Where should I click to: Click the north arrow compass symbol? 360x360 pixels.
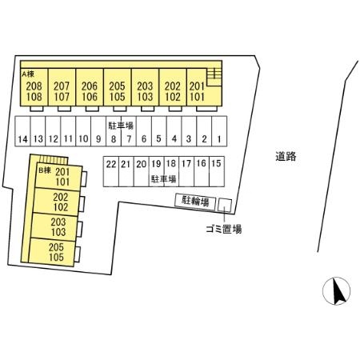(x=336, y=291)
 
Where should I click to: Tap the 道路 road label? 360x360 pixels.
(x=286, y=156)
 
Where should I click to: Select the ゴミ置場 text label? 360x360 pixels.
(x=224, y=229)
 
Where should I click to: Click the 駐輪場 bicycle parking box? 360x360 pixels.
(x=195, y=201)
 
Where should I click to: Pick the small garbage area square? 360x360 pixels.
(x=225, y=206)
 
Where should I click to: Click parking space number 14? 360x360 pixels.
(x=22, y=131)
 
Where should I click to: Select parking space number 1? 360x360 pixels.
(x=219, y=131)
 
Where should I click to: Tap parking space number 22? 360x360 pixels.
(x=111, y=171)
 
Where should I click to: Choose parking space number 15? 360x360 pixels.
(x=217, y=171)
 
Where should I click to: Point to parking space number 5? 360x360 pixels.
(x=159, y=131)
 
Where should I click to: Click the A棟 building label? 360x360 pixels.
(x=28, y=74)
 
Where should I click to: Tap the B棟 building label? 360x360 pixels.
(x=45, y=170)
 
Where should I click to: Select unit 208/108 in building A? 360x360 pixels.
(x=34, y=87)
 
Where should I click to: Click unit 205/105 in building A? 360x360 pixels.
(x=118, y=87)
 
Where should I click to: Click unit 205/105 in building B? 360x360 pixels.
(x=52, y=252)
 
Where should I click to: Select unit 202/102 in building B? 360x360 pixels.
(x=57, y=202)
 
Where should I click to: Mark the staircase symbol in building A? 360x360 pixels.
(x=214, y=77)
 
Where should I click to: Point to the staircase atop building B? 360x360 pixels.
(x=53, y=159)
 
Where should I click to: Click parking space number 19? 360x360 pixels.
(x=156, y=171)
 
